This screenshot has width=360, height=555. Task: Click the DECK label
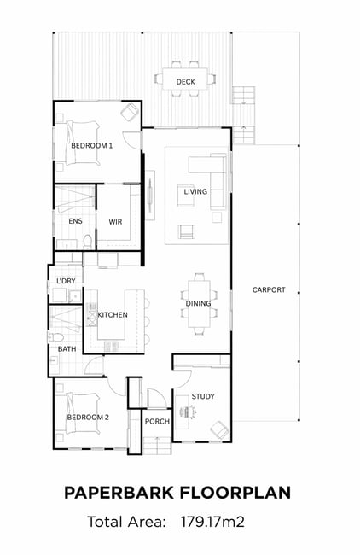point(185,82)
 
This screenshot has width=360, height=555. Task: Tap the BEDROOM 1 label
point(91,145)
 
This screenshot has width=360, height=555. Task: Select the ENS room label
point(75,221)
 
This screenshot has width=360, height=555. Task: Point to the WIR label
point(115,222)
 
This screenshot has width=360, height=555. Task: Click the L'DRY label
point(67,281)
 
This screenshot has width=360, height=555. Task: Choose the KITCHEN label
point(113,315)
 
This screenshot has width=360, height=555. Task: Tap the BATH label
point(67,349)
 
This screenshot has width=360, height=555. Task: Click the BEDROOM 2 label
point(88,418)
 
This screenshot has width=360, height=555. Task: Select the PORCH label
point(157,422)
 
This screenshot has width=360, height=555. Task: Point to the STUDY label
point(203,396)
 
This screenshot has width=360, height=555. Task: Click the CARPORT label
point(269,290)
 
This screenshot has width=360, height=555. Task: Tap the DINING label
point(198,303)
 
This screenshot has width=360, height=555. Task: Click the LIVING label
point(195,191)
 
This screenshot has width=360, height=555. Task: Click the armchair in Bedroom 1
point(130,112)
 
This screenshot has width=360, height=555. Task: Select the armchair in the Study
point(219,429)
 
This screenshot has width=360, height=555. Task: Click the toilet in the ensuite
point(87,242)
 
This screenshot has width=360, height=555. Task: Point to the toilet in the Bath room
point(55,337)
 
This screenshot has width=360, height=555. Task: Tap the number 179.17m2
point(212,522)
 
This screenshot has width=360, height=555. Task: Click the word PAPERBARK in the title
point(119,493)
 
